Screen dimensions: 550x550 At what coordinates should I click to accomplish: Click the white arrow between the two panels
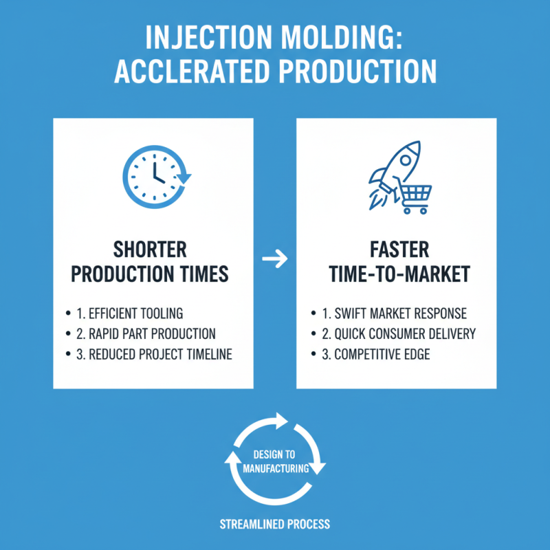tap(275, 260)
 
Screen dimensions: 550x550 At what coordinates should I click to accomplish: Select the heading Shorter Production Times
tap(159, 261)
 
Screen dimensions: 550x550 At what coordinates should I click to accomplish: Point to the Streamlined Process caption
tap(275, 524)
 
